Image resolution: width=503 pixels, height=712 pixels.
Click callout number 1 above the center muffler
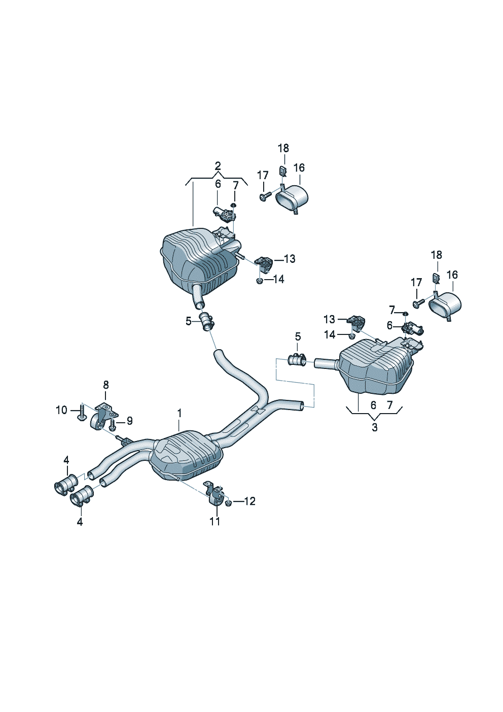179,414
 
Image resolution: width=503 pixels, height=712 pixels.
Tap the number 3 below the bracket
375,427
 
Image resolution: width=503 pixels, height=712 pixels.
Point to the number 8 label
106,385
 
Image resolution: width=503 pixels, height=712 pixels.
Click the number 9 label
130,421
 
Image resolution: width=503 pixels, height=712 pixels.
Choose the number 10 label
62,410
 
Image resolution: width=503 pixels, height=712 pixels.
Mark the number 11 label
215,521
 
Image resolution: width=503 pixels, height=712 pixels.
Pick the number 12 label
250,501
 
